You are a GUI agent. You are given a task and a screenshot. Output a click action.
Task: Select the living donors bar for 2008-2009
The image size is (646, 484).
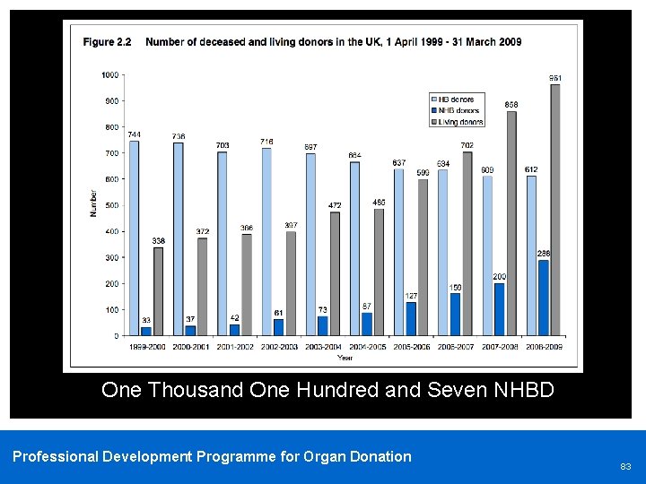point(555,211)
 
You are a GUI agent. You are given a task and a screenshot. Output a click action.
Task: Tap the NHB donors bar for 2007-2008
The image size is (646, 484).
point(500,309)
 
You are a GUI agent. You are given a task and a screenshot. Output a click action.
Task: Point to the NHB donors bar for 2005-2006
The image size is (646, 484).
point(411,319)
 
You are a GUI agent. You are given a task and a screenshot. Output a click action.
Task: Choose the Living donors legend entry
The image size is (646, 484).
point(460,122)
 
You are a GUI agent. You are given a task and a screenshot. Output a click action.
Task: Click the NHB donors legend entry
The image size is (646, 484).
point(458,110)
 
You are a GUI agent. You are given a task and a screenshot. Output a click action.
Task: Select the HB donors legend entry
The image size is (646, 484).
point(456,99)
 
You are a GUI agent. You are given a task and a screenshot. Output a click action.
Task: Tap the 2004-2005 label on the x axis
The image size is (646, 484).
point(367,345)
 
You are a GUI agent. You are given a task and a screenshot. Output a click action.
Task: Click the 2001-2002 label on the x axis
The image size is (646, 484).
point(235,345)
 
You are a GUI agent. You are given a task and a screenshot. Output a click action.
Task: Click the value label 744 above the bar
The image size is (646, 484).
point(134,134)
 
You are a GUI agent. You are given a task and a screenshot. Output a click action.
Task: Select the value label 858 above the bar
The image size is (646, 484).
point(511,105)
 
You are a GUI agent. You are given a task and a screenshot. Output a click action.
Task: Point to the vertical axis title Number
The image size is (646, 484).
point(92,205)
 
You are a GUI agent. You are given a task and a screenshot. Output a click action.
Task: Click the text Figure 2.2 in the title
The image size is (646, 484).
point(107,42)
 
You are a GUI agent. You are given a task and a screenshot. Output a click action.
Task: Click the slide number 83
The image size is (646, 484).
point(625,466)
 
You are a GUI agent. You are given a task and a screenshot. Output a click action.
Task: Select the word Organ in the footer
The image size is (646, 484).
point(331,456)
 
